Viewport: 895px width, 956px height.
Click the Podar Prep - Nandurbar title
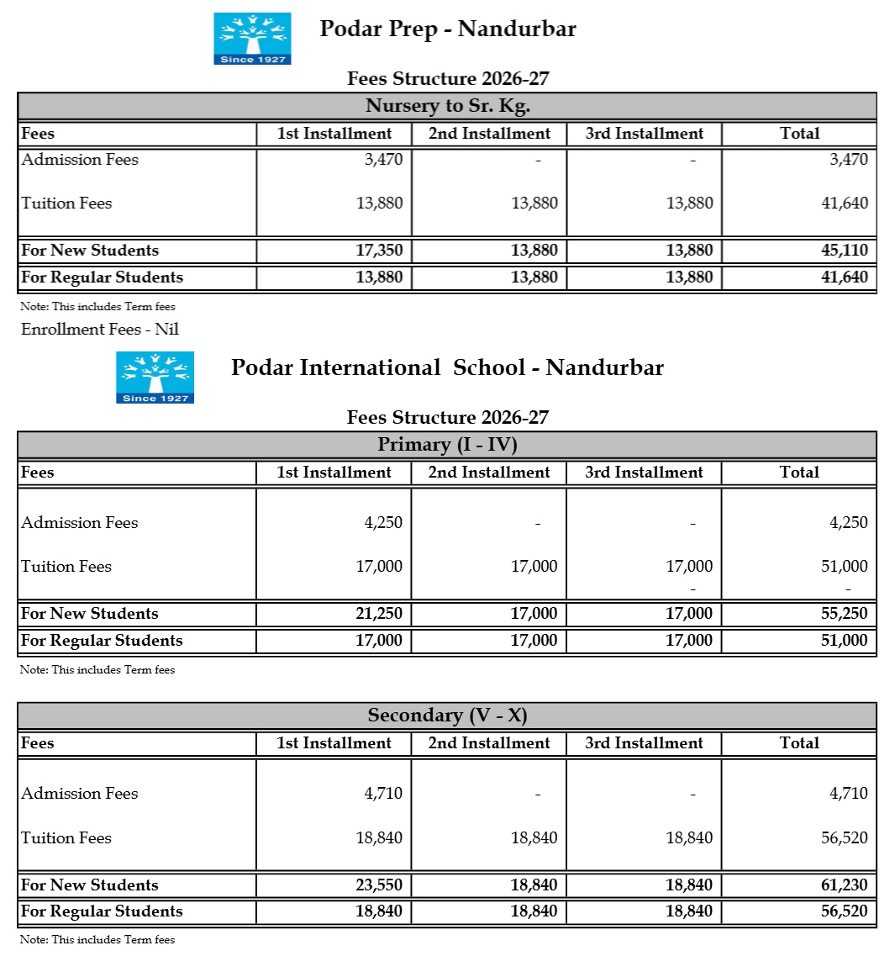click(x=448, y=29)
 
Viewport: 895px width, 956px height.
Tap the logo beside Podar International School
click(x=155, y=378)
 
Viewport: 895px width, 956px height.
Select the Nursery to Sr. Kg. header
click(x=447, y=106)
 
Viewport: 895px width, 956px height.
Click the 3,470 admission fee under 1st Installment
click(x=383, y=159)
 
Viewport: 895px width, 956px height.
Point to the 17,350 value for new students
click(x=379, y=250)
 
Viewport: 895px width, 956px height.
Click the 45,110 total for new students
click(x=845, y=250)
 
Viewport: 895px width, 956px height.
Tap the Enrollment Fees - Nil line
click(x=100, y=329)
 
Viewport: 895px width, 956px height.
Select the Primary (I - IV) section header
click(x=447, y=444)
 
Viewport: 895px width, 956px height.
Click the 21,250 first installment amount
click(x=379, y=613)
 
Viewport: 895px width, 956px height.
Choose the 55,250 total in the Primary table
click(x=845, y=613)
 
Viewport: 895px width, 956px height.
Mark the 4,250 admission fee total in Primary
click(x=849, y=522)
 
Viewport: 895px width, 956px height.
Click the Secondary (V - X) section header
click(x=447, y=716)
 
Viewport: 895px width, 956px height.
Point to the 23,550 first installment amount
click(x=379, y=885)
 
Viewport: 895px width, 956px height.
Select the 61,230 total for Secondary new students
click(x=845, y=885)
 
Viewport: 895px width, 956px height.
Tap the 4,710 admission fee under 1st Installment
click(x=383, y=793)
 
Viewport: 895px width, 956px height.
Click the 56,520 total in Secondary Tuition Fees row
click(x=845, y=837)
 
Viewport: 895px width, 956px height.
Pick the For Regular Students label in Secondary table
click(x=102, y=911)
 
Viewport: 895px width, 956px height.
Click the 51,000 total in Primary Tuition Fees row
click(x=845, y=566)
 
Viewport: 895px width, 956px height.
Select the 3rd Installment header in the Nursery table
click(x=645, y=133)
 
